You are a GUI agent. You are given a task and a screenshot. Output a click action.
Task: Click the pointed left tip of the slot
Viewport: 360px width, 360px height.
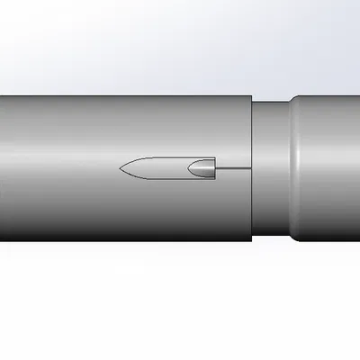click(121, 168)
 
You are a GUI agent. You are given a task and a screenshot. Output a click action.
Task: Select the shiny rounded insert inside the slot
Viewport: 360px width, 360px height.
click(203, 168)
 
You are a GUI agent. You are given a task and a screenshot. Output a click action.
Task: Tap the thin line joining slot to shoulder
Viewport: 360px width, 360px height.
click(232, 168)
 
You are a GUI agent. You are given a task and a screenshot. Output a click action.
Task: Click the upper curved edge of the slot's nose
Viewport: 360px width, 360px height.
click(135, 160)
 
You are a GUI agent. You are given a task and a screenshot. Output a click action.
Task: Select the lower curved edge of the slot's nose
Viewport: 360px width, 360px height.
click(135, 176)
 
